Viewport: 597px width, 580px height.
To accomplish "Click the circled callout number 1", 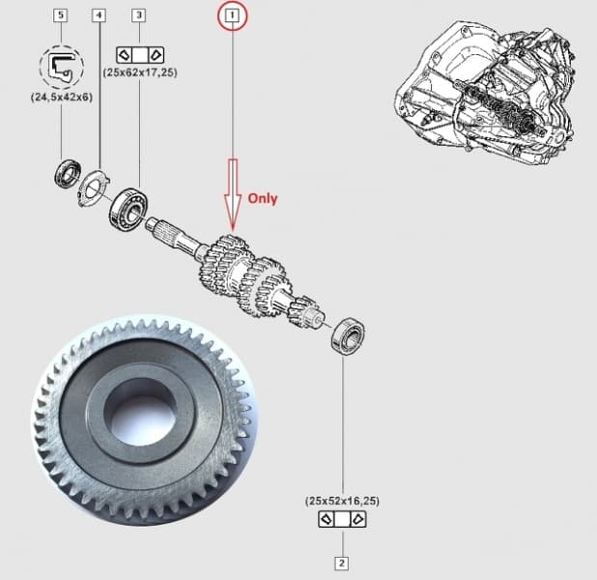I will (x=232, y=14).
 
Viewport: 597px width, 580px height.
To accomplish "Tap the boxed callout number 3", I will (x=139, y=15).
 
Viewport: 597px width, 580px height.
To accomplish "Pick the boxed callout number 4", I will (x=99, y=15).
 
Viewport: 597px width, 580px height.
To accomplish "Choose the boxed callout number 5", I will (x=61, y=15).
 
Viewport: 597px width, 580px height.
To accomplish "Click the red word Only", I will (x=262, y=198).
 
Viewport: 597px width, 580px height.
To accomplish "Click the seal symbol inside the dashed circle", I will (x=61, y=66).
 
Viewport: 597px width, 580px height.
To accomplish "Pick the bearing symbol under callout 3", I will (x=139, y=52).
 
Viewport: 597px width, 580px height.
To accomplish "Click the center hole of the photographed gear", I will (x=141, y=410).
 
